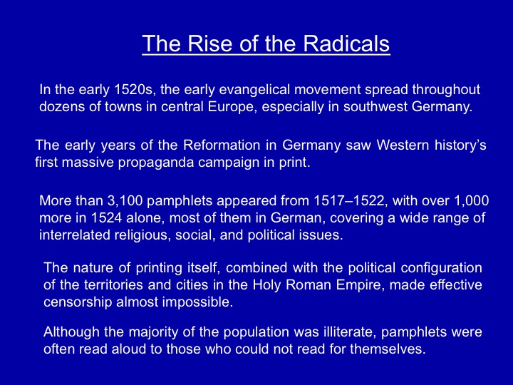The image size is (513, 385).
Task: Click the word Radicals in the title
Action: pos(346,43)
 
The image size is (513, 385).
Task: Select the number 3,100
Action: pos(125,200)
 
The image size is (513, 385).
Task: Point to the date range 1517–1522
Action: pos(348,200)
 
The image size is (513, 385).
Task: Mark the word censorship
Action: pos(78,302)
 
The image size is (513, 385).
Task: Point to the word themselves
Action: pos(388,349)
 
